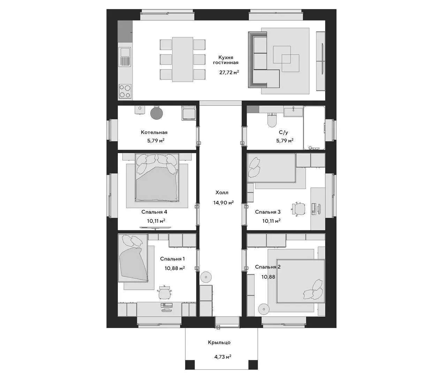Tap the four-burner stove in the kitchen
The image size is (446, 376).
[x=125, y=91]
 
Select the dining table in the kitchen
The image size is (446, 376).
[x=183, y=59]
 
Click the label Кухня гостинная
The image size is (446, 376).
[x=226, y=60]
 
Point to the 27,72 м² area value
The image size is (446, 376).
[x=229, y=72]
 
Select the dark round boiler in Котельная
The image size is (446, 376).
[x=157, y=113]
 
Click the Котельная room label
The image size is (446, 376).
[x=154, y=132]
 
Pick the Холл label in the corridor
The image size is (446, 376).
[x=222, y=193]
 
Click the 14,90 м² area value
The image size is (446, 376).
[x=224, y=202]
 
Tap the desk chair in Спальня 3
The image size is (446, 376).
[x=298, y=209]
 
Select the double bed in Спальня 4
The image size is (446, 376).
[x=157, y=178]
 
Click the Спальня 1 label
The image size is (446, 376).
[x=172, y=259]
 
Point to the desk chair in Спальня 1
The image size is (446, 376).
[x=165, y=292]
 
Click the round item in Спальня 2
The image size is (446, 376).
[x=264, y=309]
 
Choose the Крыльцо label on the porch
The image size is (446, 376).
[x=219, y=342]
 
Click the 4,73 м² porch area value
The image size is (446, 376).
[x=223, y=357]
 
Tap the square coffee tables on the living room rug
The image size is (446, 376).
[x=286, y=59]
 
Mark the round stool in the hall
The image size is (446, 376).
[x=206, y=277]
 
